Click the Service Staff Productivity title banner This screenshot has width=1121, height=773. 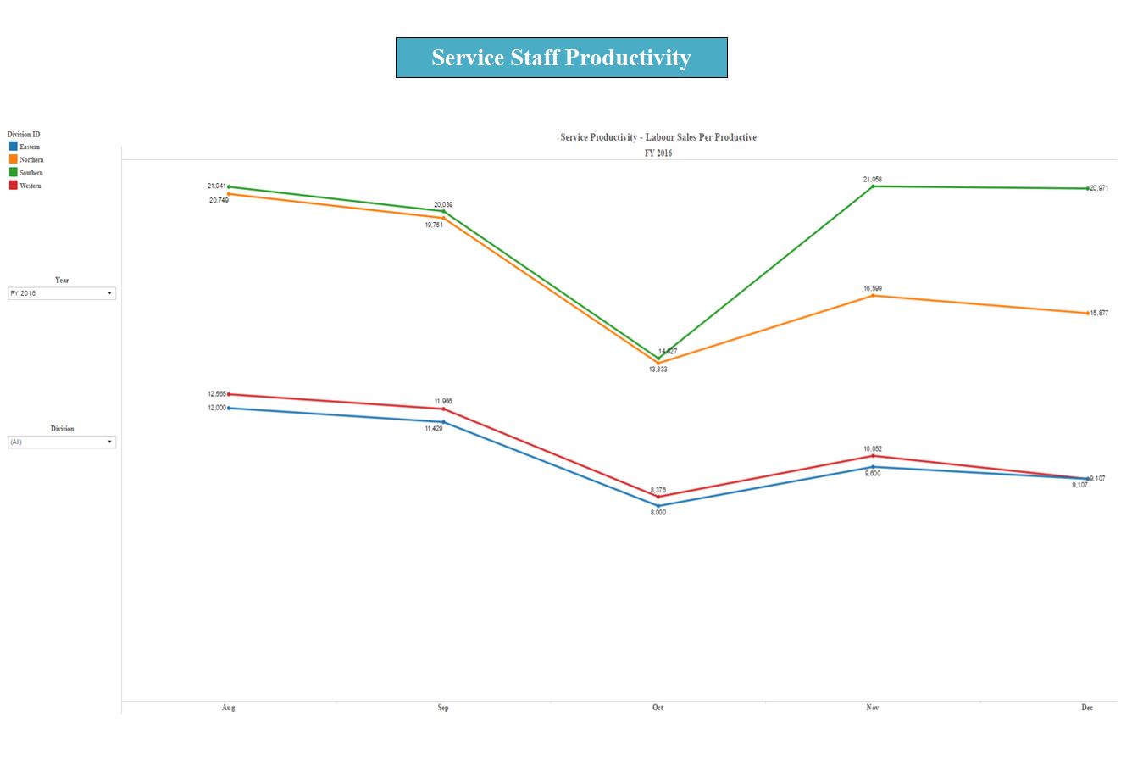point(561,58)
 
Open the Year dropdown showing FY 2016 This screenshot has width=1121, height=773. point(62,293)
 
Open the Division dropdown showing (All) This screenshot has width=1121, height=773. point(62,442)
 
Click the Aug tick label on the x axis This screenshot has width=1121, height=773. point(229,708)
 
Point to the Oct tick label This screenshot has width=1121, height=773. point(658,708)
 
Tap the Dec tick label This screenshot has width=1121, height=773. point(1087,708)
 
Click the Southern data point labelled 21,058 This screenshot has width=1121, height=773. point(873,186)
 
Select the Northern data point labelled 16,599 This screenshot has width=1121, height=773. point(873,296)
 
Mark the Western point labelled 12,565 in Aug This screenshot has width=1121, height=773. point(229,394)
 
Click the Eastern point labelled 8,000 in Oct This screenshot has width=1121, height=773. point(658,506)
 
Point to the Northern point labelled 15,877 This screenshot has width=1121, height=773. point(1087,314)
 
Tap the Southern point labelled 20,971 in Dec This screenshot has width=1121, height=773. point(1087,188)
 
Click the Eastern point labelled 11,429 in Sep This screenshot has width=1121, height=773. point(443,422)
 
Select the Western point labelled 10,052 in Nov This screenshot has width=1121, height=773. point(873,456)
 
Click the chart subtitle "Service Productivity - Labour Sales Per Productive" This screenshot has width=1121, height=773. point(658,137)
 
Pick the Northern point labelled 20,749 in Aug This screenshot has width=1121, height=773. point(229,194)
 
